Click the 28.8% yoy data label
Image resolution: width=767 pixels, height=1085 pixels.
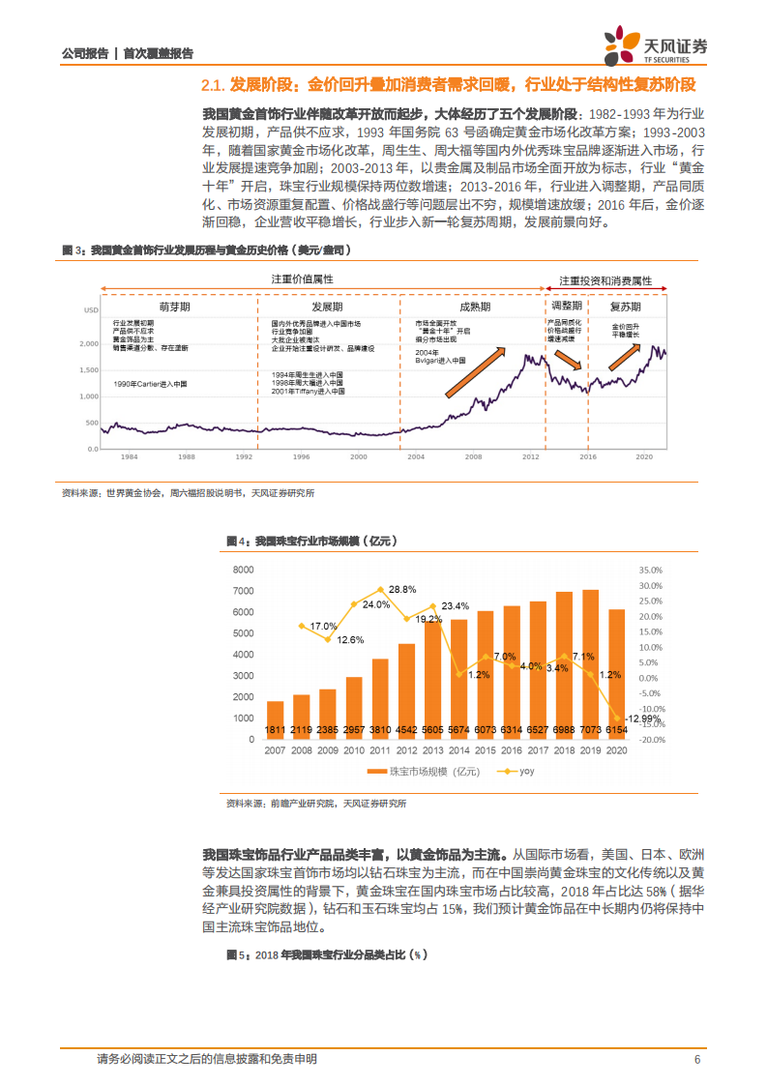(403, 589)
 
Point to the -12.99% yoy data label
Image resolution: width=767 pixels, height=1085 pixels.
(615, 718)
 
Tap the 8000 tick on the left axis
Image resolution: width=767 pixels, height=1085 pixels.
(242, 571)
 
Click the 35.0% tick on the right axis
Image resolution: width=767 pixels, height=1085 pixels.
(651, 571)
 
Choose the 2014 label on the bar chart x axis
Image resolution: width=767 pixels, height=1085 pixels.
(458, 750)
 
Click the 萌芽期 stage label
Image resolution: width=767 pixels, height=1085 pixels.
(175, 306)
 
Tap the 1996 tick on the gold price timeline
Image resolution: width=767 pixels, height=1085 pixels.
(301, 455)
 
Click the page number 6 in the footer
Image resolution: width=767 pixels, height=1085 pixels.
(696, 1059)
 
